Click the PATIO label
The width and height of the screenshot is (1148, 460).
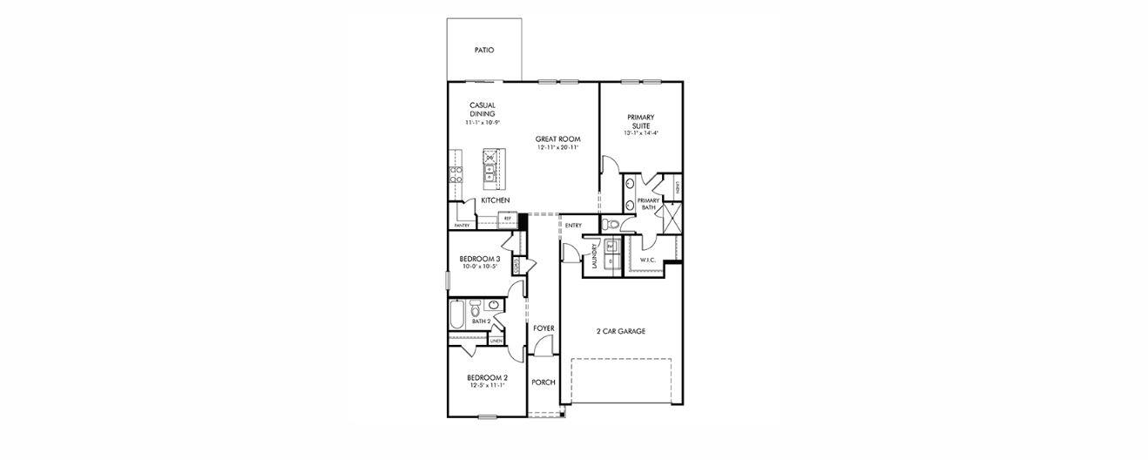pyautogui.click(x=484, y=51)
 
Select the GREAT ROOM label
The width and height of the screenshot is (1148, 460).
pyautogui.click(x=557, y=139)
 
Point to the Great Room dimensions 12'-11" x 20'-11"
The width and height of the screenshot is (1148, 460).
pyautogui.click(x=557, y=148)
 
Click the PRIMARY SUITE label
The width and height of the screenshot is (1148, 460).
pyautogui.click(x=640, y=121)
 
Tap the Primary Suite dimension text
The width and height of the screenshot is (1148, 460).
pyautogui.click(x=640, y=134)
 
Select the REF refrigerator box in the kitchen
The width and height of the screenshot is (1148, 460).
pyautogui.click(x=507, y=219)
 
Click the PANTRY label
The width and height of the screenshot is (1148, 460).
pyautogui.click(x=462, y=226)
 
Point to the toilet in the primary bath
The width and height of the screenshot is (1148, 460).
pyautogui.click(x=611, y=225)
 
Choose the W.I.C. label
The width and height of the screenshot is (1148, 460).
pyautogui.click(x=647, y=260)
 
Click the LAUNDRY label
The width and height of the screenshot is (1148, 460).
pyautogui.click(x=594, y=259)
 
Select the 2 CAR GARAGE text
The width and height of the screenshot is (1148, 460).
pyautogui.click(x=620, y=331)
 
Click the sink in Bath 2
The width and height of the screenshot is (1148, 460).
pyautogui.click(x=494, y=306)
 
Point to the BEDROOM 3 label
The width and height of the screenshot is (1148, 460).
pyautogui.click(x=479, y=259)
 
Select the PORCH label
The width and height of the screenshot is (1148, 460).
pyautogui.click(x=544, y=382)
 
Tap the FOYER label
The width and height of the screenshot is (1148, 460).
pyautogui.click(x=544, y=328)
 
